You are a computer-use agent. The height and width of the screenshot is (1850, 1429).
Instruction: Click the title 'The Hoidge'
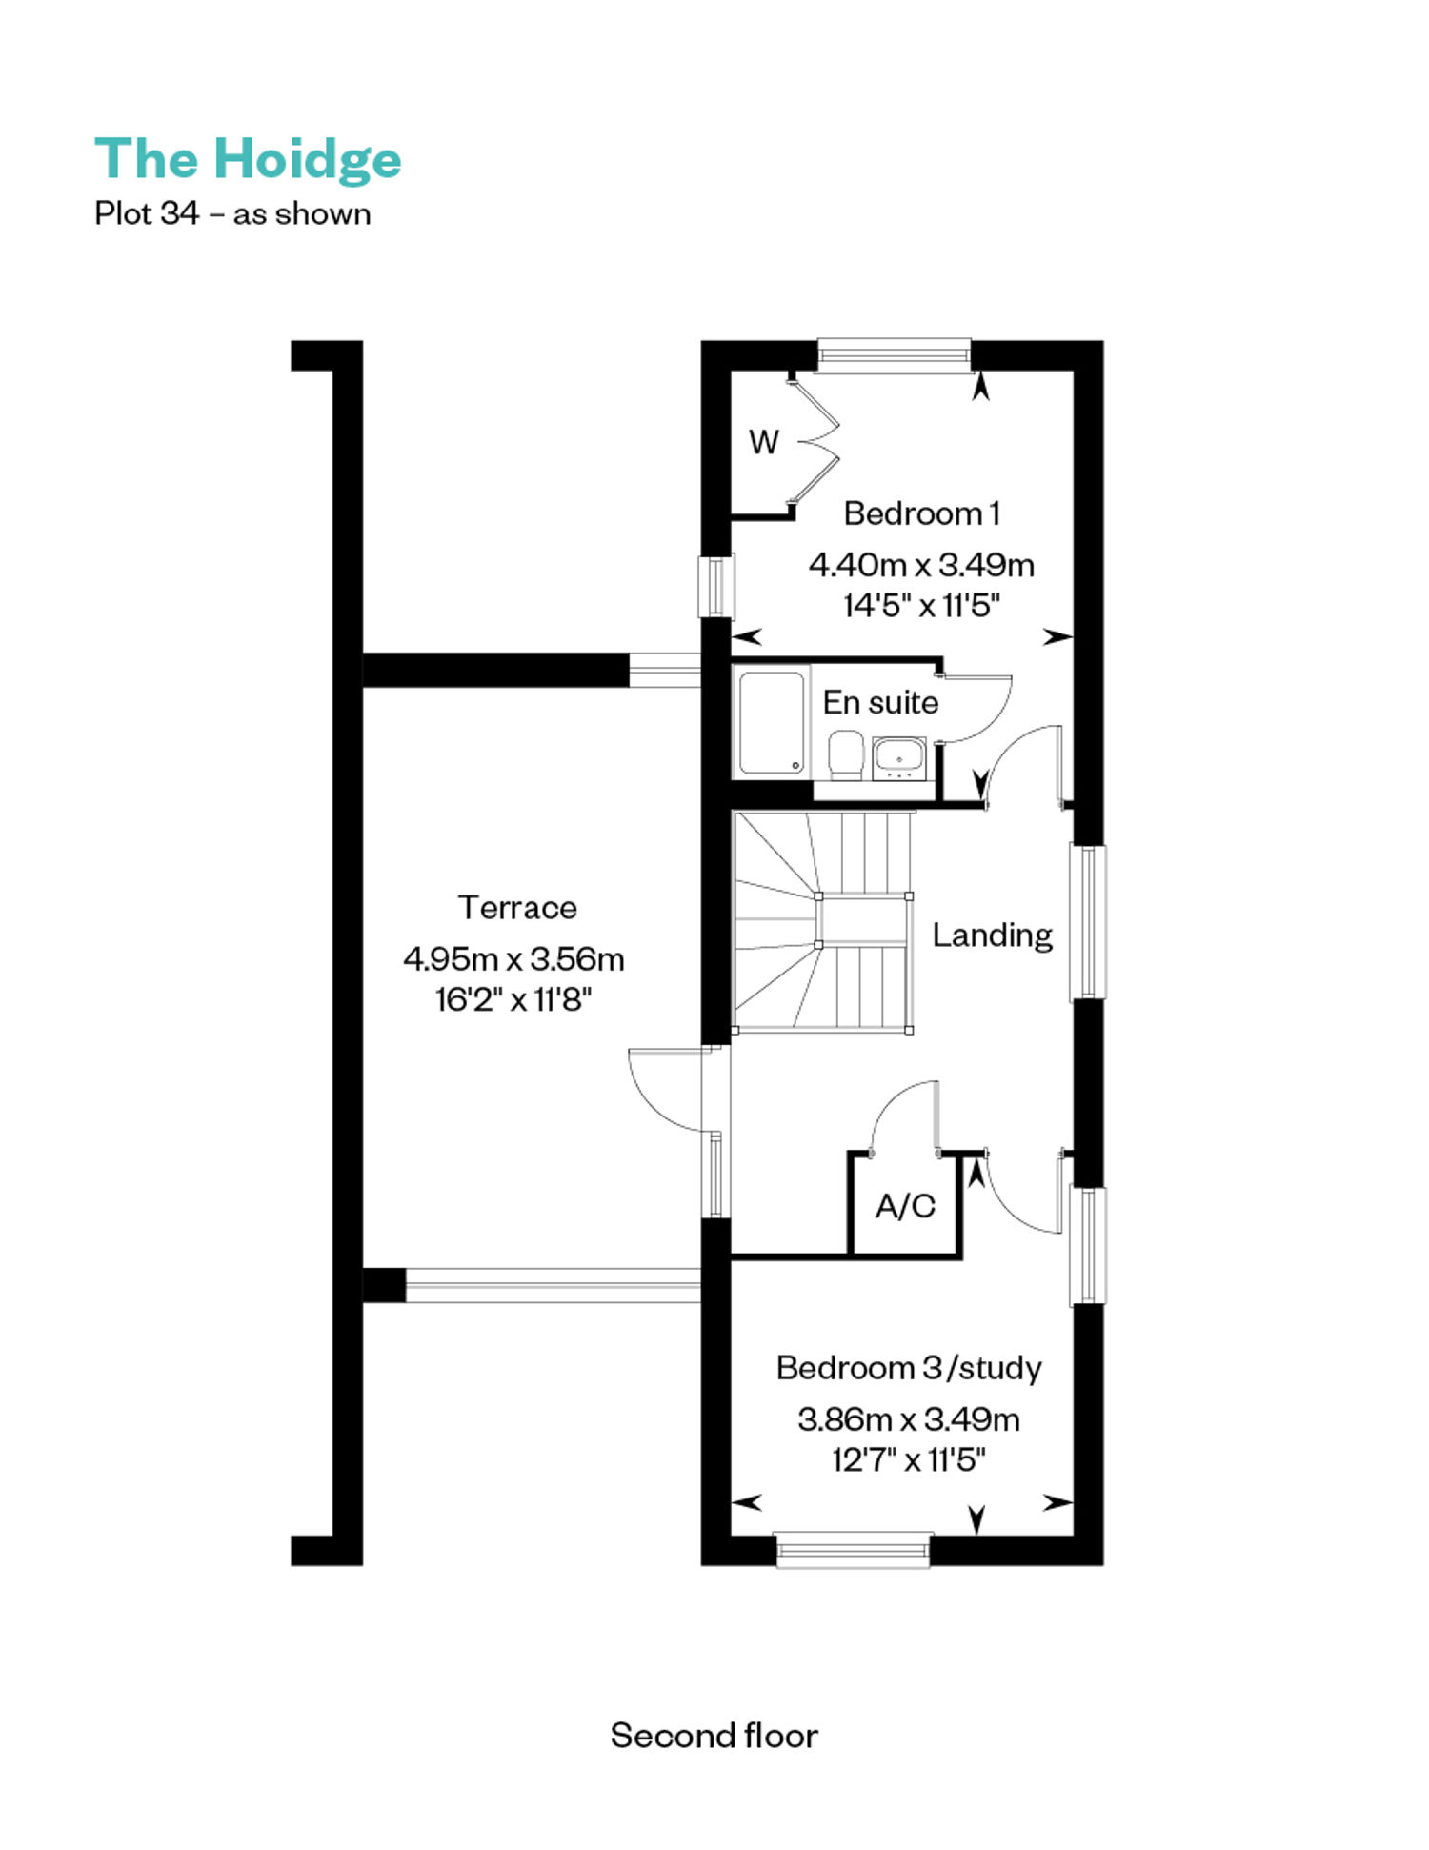[248, 160]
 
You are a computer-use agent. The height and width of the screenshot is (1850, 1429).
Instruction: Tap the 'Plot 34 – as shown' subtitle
[232, 213]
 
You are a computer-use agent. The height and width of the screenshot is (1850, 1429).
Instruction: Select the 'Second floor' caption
[714, 1735]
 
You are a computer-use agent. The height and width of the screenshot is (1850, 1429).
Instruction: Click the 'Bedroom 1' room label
[921, 513]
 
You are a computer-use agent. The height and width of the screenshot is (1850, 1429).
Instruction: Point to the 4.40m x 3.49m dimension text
[921, 565]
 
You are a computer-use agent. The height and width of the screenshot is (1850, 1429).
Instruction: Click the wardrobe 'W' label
[764, 442]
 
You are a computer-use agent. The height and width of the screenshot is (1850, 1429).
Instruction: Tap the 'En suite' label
[880, 702]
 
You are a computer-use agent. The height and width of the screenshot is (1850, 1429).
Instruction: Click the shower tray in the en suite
[772, 722]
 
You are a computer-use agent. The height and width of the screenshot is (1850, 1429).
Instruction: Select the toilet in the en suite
[846, 754]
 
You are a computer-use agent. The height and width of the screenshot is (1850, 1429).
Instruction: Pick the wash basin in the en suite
[898, 757]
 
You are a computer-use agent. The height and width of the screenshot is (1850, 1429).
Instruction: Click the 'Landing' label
[992, 935]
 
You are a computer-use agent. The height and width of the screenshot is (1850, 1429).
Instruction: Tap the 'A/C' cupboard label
[905, 1206]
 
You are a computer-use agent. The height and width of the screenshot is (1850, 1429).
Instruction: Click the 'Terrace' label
[517, 907]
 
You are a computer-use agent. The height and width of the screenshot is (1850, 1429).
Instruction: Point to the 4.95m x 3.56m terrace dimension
[513, 958]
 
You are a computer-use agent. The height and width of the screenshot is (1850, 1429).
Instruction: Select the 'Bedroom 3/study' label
[909, 1368]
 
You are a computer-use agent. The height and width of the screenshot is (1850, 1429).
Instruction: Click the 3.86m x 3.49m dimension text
[909, 1419]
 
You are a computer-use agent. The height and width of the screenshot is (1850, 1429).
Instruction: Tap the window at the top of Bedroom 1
[895, 355]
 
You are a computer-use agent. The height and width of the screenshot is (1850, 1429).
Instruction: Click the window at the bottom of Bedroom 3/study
[853, 1550]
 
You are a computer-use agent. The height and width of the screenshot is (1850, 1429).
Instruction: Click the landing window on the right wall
[1089, 922]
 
